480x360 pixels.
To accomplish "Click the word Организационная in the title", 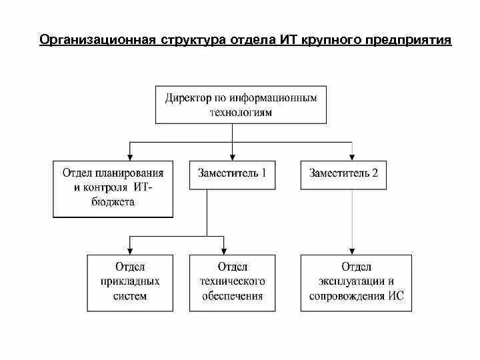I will (97, 40).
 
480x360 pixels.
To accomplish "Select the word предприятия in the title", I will (407, 40).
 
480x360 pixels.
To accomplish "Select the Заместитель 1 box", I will (232, 174).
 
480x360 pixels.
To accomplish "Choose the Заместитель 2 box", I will (343, 174).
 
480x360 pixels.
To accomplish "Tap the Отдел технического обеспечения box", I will (231, 283).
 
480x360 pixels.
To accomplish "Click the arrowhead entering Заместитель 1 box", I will (232, 156).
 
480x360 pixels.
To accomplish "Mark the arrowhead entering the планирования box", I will (129, 156).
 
